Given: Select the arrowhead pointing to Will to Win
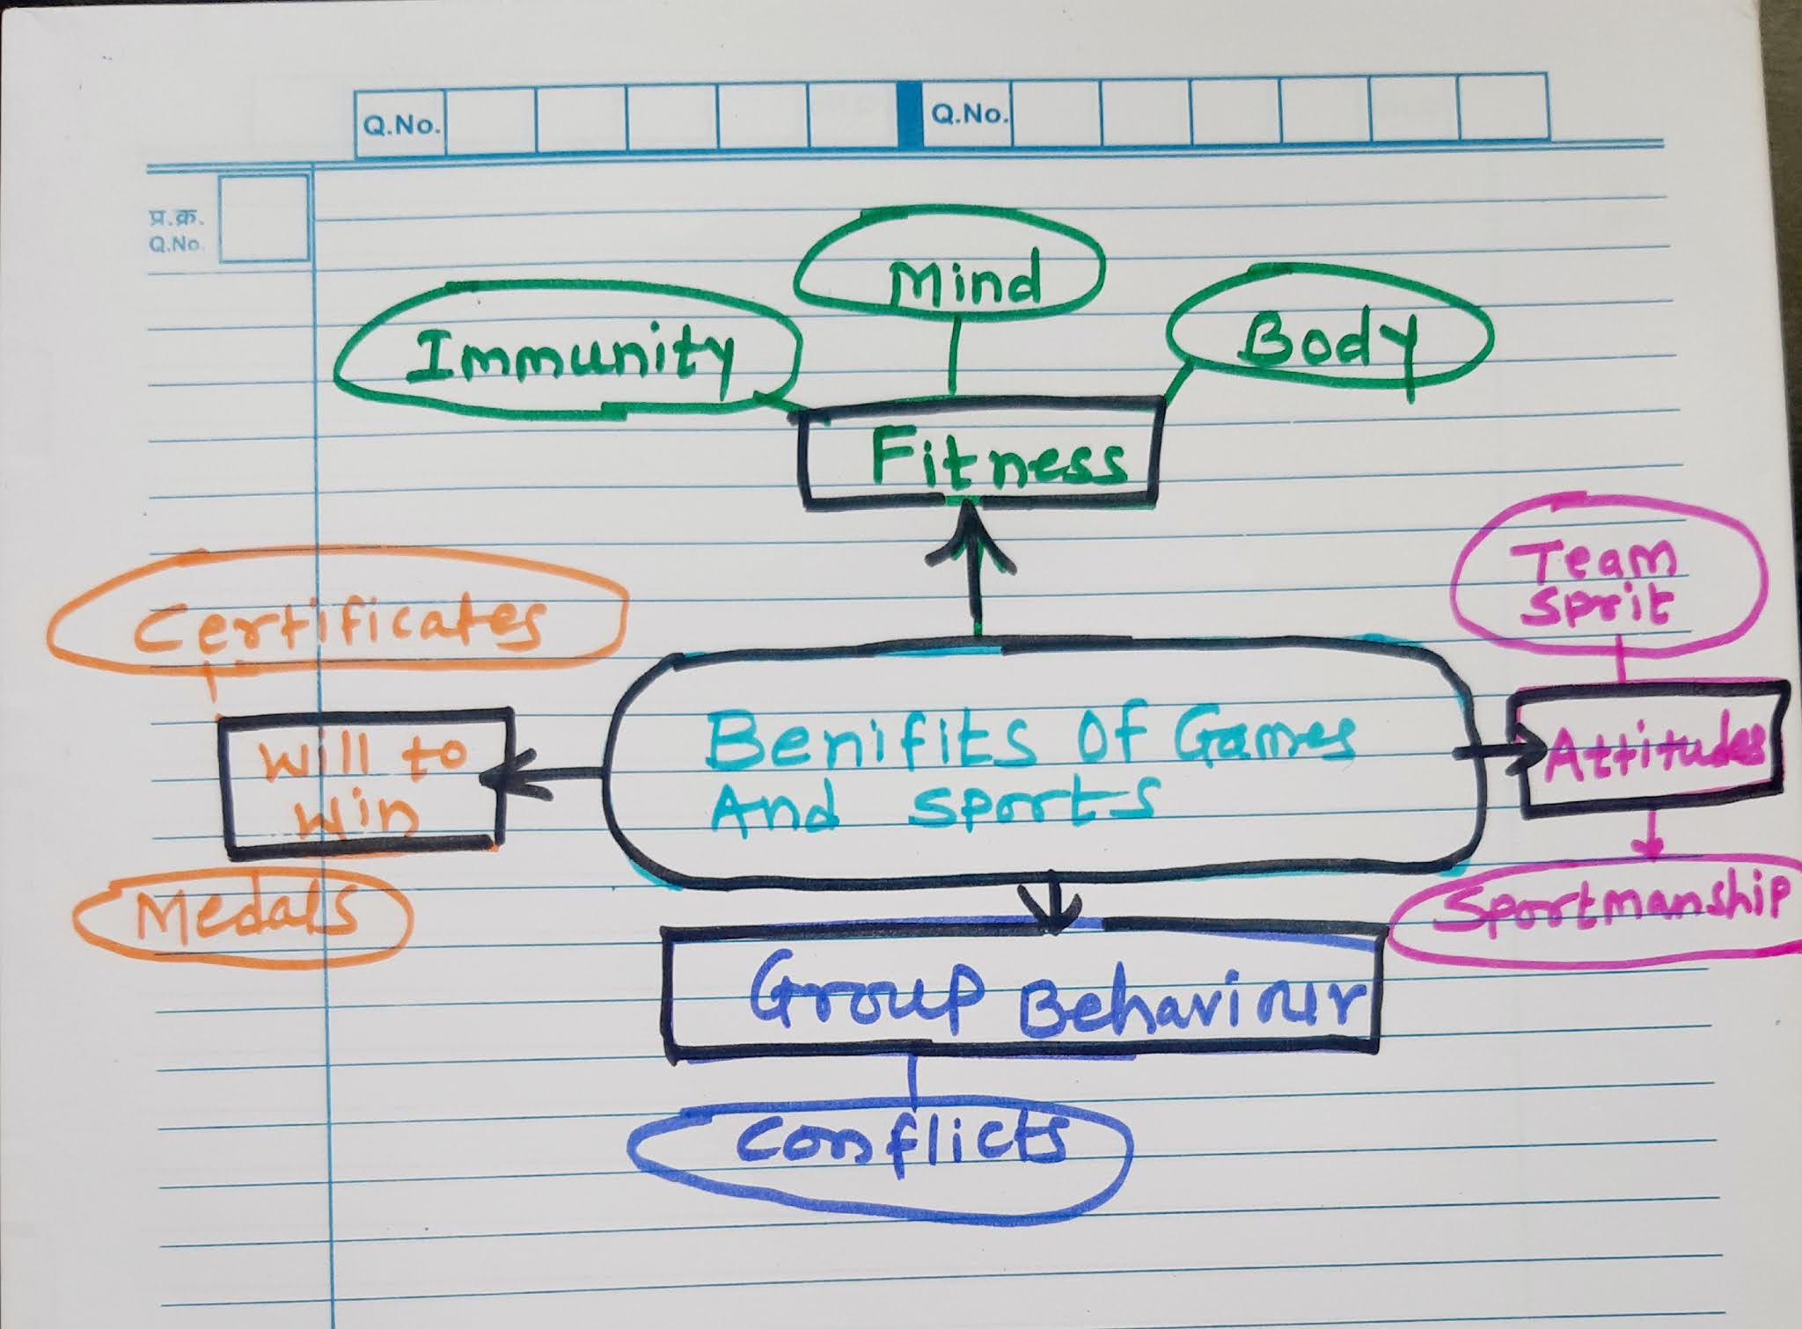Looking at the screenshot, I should [496, 777].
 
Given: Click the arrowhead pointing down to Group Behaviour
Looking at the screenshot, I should [1052, 915].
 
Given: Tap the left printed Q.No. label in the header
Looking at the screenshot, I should [401, 126].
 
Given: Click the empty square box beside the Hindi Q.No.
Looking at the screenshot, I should [264, 219].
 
